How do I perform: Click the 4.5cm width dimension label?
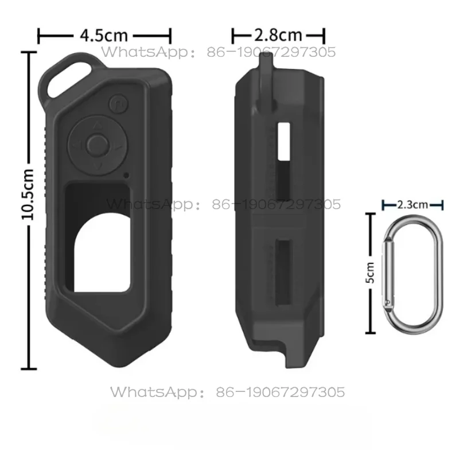pyautogui.click(x=104, y=35)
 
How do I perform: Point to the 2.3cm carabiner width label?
pyautogui.click(x=413, y=204)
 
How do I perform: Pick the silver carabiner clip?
pyautogui.click(x=413, y=273)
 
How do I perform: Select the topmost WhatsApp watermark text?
pyautogui.click(x=219, y=53)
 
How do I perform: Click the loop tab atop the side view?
pyautogui.click(x=263, y=75)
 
